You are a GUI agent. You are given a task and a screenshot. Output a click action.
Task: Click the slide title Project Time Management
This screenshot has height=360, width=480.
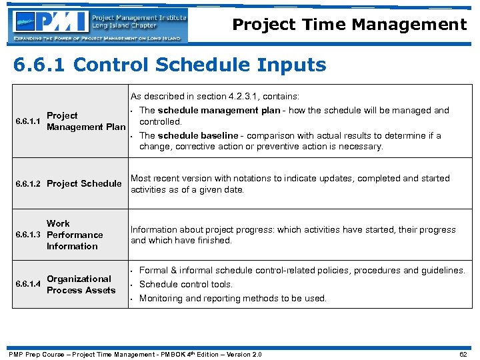(349, 25)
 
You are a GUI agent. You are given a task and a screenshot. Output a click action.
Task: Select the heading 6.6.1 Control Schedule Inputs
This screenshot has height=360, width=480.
(170, 65)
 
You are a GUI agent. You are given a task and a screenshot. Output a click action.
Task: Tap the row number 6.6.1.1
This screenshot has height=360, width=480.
(28, 121)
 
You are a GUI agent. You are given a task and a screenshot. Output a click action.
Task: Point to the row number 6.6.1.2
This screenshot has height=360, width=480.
(28, 183)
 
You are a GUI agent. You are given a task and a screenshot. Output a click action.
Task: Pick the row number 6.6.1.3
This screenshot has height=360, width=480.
(28, 235)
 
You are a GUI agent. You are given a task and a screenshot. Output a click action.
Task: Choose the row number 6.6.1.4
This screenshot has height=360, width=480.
(28, 285)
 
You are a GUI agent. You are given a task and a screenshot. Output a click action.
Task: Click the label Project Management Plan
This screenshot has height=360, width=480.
(85, 121)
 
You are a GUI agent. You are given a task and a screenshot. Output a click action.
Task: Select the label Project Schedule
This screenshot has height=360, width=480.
(84, 183)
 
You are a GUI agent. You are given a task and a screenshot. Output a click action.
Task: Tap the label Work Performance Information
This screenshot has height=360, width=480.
(74, 235)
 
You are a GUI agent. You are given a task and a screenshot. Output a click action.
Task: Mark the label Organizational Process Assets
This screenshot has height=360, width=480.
(81, 285)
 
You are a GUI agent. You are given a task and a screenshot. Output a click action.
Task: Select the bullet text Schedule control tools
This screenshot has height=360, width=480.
(186, 284)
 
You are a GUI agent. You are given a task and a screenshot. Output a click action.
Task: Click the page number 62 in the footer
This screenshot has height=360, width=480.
(464, 354)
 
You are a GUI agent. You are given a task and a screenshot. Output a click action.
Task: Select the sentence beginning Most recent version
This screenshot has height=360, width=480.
(290, 183)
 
